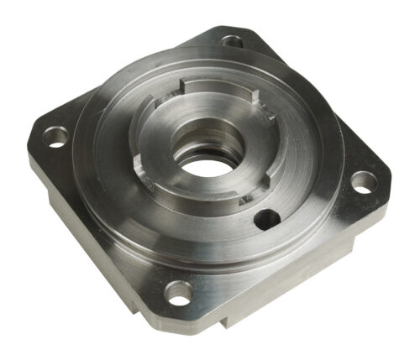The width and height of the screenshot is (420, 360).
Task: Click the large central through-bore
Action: point(201,164)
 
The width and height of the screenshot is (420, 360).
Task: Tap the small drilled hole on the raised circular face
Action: point(266,220)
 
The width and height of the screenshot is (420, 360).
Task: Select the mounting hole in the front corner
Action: point(179,291)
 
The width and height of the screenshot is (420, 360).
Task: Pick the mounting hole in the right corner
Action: point(362,181)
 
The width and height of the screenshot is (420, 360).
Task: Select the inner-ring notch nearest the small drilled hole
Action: point(249,199)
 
